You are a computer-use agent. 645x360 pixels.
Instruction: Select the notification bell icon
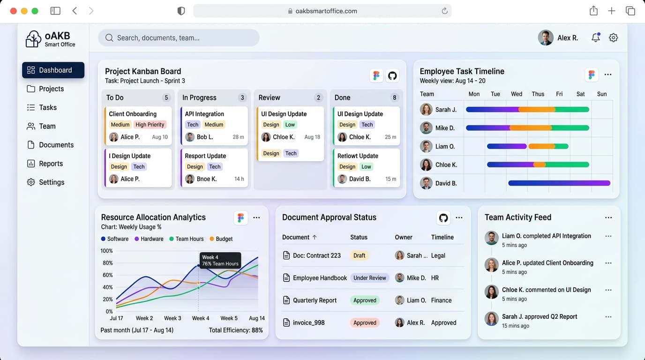(595, 37)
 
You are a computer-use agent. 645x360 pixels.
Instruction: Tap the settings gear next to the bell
(613, 37)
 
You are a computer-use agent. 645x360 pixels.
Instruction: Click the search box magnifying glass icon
(109, 37)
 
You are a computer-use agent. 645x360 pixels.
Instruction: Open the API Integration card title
(204, 114)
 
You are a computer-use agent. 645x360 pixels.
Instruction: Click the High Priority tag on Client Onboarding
(150, 124)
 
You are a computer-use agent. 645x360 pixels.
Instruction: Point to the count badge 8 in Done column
(394, 97)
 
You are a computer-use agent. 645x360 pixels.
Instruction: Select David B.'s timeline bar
(559, 183)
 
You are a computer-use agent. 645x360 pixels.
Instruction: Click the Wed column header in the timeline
(516, 94)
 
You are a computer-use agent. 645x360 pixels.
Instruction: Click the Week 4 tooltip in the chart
(220, 260)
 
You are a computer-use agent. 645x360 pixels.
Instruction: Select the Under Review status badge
(369, 277)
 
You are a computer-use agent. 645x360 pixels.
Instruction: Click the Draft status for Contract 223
(359, 255)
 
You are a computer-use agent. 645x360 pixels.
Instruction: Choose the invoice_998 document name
(309, 322)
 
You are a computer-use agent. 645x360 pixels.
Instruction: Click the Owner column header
(404, 237)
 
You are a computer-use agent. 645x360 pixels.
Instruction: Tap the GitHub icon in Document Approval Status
(443, 217)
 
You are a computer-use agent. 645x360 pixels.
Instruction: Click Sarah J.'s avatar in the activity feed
(491, 319)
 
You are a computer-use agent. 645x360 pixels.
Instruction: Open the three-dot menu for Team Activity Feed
(608, 217)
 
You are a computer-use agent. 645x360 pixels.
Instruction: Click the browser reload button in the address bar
(444, 11)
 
